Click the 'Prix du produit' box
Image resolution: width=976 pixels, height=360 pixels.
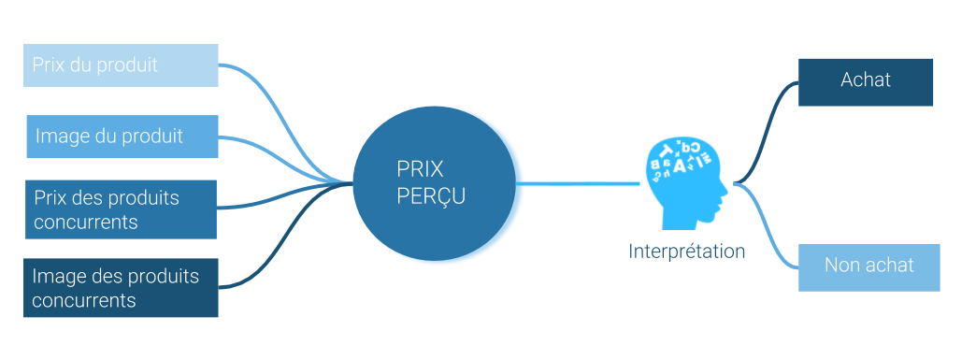click(x=121, y=65)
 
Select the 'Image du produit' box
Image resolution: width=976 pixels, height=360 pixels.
click(x=122, y=137)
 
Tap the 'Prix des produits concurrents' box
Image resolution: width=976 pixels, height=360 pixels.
click(x=121, y=209)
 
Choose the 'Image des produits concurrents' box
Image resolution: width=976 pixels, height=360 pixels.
click(x=121, y=288)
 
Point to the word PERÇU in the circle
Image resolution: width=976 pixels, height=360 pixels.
click(x=431, y=197)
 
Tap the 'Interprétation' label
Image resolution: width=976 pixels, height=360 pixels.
click(x=687, y=252)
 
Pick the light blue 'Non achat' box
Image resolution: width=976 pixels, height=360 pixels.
click(x=868, y=267)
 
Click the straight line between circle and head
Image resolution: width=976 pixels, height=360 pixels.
click(x=580, y=183)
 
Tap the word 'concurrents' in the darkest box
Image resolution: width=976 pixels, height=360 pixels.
click(x=84, y=300)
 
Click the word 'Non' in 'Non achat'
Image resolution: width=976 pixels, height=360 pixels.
click(x=841, y=266)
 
